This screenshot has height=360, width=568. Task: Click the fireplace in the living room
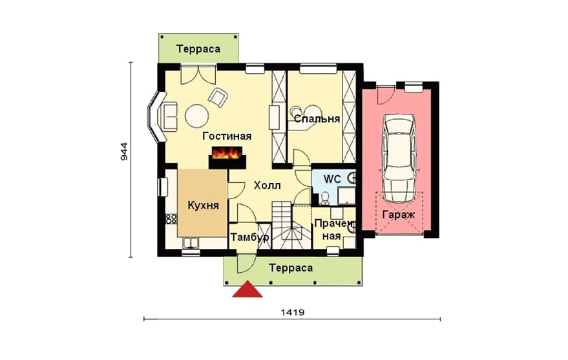[x=227, y=158]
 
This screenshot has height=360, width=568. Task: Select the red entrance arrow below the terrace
[x=247, y=289]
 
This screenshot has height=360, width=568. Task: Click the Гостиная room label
[x=227, y=136]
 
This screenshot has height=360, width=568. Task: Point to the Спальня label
[x=317, y=119]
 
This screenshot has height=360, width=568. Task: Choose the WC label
[x=332, y=179]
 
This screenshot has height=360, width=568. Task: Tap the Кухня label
[x=203, y=206]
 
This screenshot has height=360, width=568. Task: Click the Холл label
[x=268, y=185]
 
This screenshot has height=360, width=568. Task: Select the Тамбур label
[x=250, y=238]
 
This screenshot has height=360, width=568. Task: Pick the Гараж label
[x=399, y=215]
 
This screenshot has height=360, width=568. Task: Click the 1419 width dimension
[x=292, y=312]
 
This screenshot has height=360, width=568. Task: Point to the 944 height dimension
[x=123, y=152]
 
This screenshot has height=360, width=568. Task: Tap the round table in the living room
[x=196, y=116]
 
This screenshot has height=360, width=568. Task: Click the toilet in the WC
[x=325, y=198]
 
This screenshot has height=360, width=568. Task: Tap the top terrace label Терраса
[x=198, y=49]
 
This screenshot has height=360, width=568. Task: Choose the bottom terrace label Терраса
[x=291, y=268]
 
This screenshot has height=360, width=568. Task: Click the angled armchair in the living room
[x=218, y=97]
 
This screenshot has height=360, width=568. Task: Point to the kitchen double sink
[x=190, y=242]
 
